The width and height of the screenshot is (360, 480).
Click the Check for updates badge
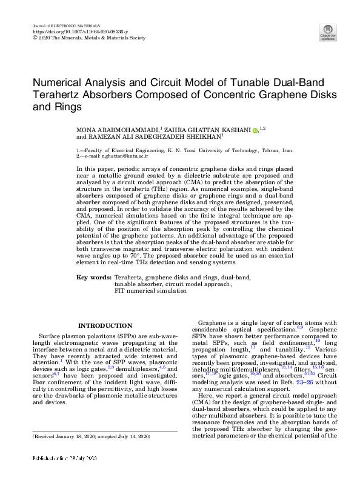pyautogui.click(x=327, y=32)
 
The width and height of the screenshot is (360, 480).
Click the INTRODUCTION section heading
pyautogui.click(x=105, y=325)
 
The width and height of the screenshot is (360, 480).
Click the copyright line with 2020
pyautogui.click(x=89, y=37)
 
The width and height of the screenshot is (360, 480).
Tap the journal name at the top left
pyautogui.click(x=59, y=26)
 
